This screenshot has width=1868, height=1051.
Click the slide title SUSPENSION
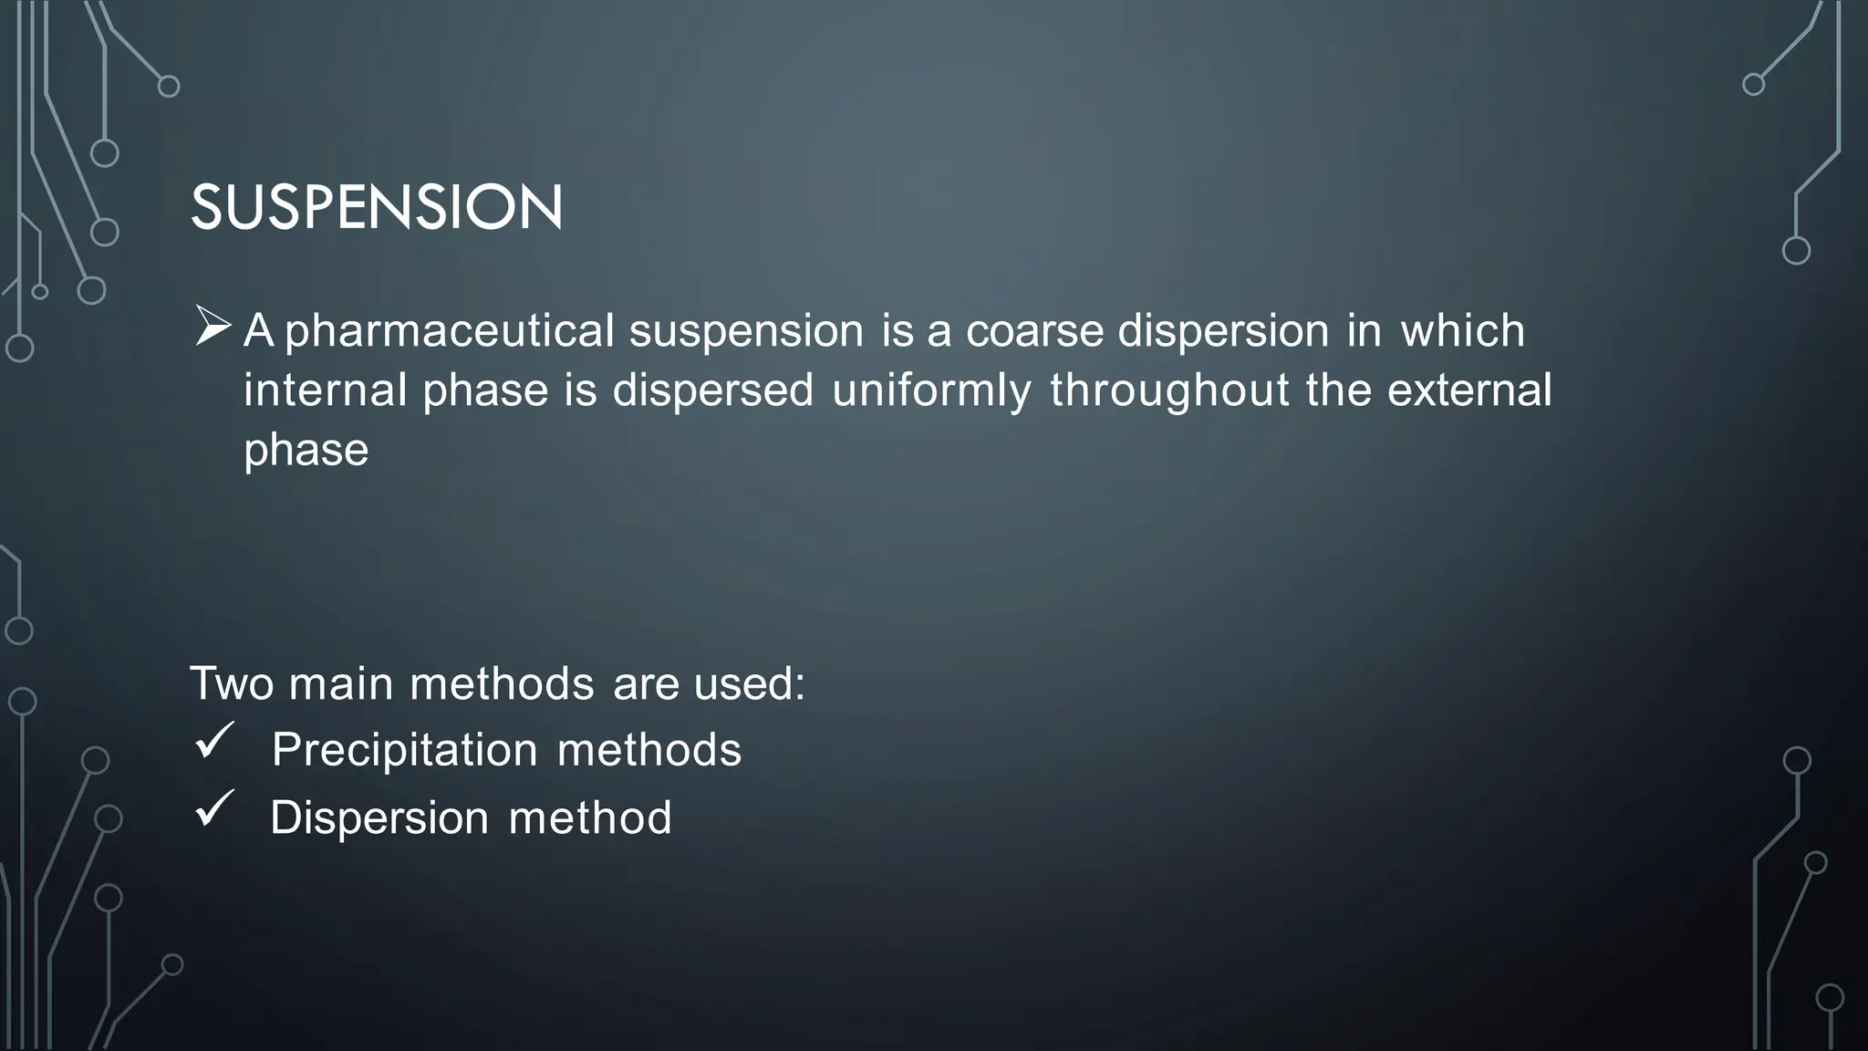coord(377,207)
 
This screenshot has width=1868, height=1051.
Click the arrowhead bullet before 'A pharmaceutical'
coord(213,327)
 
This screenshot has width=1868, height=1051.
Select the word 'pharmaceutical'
coord(449,330)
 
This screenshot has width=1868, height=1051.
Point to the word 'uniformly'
coord(931,390)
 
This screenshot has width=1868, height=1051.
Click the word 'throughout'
coord(1169,390)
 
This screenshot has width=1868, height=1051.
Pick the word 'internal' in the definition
coord(325,390)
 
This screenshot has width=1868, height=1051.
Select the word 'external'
coord(1468,390)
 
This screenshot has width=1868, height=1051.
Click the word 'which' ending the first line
coord(1462,330)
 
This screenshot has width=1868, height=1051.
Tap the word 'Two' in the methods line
coord(232,683)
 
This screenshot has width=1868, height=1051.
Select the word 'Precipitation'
coord(405,751)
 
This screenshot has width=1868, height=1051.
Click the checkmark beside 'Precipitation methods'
coord(214,741)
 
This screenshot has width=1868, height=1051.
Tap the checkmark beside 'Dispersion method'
coord(214,809)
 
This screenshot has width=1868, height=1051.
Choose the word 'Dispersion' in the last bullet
coord(379,818)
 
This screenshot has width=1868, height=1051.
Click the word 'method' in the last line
coord(589,818)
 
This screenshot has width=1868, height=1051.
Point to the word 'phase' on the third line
coord(306,451)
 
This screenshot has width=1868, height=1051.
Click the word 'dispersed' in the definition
coord(712,390)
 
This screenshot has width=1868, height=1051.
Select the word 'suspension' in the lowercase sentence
coord(746,330)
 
